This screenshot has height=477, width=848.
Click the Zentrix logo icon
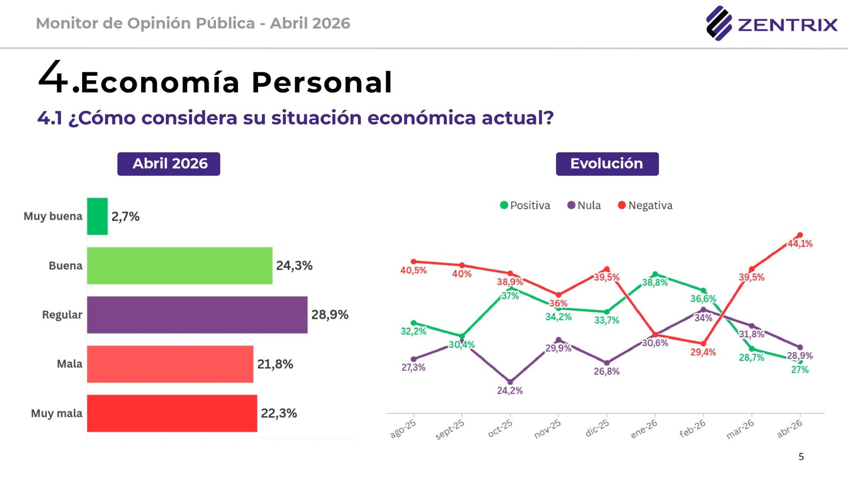719,23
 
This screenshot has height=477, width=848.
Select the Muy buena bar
98,216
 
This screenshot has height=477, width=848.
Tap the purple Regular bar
197,315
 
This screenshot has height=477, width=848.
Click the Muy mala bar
172,413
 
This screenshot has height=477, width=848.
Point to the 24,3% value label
294,266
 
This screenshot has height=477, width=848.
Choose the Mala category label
69,364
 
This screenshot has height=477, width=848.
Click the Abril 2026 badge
169,164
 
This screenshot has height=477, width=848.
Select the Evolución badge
607,164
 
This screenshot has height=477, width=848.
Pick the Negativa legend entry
645,206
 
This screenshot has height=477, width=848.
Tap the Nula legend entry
584,206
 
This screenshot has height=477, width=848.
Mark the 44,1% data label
800,244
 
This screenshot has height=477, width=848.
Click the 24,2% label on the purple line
510,391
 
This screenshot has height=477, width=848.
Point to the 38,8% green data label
655,282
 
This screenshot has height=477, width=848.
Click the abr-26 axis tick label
790,428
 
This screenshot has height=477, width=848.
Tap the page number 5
801,456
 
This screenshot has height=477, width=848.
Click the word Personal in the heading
322,83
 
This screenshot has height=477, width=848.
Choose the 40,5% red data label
413,270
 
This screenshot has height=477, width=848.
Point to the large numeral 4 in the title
53,77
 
